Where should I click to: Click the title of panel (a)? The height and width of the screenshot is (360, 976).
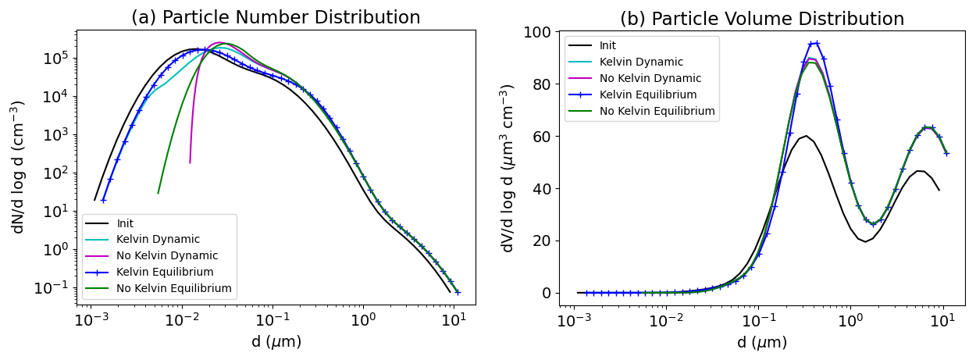[276, 17]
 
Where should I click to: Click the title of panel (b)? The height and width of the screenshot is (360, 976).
[762, 19]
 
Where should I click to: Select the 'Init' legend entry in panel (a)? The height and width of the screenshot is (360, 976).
[125, 223]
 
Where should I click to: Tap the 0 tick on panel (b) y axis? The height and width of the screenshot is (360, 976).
[547, 293]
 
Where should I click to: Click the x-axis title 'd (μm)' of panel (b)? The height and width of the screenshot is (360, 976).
[762, 342]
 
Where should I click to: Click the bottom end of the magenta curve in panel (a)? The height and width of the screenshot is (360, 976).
[190, 162]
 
